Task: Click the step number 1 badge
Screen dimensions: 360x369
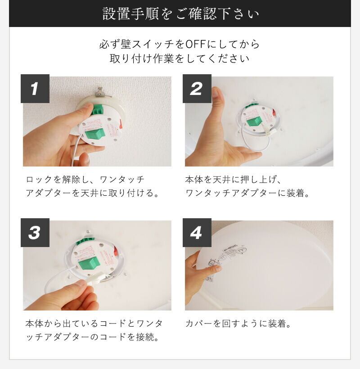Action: tap(35, 89)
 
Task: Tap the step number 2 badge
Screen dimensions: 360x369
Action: tap(197, 89)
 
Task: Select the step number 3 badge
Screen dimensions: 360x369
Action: tap(35, 233)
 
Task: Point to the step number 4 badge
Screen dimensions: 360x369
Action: tap(197, 233)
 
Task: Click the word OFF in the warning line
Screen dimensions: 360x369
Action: tap(196, 44)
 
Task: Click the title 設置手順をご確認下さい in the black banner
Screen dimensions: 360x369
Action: tap(181, 14)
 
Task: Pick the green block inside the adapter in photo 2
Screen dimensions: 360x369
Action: tap(254, 122)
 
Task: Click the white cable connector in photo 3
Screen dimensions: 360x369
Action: tap(97, 278)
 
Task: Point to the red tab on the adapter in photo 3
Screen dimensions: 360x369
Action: tap(116, 253)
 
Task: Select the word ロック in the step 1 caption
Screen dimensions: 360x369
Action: tap(39, 180)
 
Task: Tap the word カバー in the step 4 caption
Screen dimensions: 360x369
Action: tap(199, 324)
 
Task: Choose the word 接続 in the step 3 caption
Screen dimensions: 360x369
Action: tap(145, 337)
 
